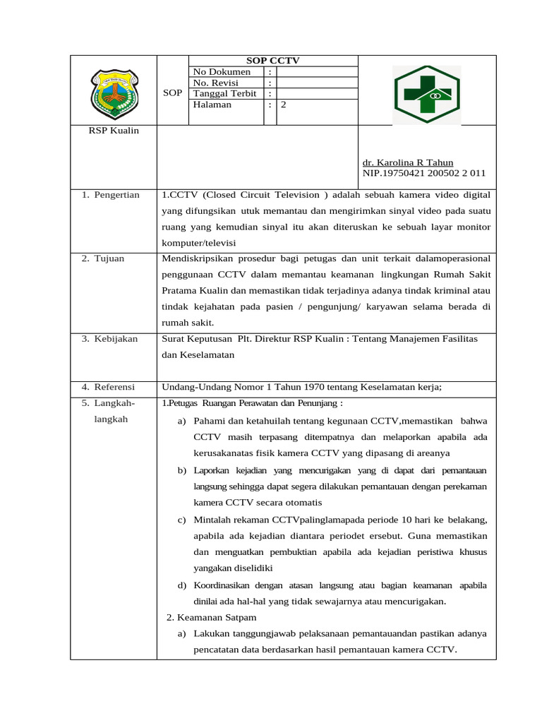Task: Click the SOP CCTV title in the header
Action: (x=272, y=61)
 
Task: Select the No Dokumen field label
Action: (x=222, y=72)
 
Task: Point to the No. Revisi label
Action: (x=217, y=83)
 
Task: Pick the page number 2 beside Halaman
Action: (x=283, y=104)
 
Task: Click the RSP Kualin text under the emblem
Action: (x=114, y=131)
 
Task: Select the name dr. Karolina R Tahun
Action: (x=408, y=162)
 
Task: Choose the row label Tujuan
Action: (x=110, y=258)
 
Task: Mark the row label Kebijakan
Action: (x=116, y=339)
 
